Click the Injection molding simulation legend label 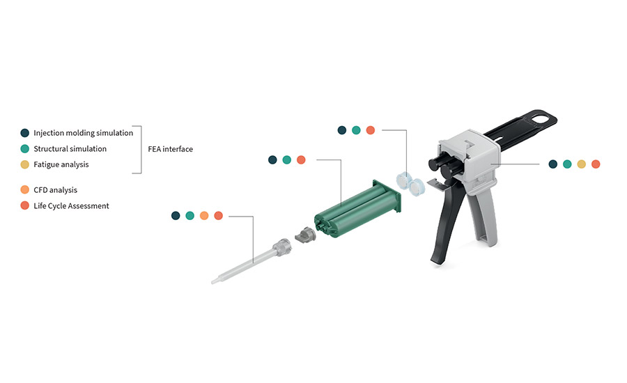[83, 133]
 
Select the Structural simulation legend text [70, 149]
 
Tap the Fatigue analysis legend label [61, 164]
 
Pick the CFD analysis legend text [55, 190]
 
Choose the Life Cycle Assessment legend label [71, 206]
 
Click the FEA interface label [171, 149]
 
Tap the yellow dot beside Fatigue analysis [25, 164]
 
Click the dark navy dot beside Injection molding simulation [25, 133]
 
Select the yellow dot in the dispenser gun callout [582, 164]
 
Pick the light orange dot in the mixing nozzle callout [204, 216]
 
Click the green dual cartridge [357, 209]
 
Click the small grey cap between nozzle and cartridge [305, 234]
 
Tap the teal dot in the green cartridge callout [287, 160]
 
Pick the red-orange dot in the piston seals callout [371, 130]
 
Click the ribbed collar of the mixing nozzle [282, 247]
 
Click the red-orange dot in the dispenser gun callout [596, 164]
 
